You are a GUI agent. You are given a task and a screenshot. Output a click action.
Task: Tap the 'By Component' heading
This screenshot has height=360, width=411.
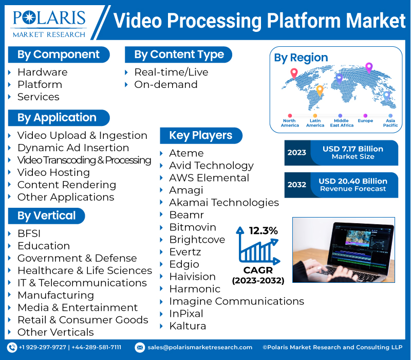coord(58,55)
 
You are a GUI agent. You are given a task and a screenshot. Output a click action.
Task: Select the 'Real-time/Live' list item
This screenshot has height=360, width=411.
coord(171,72)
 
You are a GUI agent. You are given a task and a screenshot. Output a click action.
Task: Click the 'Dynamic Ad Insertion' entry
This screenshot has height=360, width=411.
coord(73,148)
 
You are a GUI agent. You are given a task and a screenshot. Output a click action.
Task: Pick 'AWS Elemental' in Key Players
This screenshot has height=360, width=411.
coord(209,178)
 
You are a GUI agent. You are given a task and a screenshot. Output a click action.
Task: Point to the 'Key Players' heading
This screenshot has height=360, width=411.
coord(200,135)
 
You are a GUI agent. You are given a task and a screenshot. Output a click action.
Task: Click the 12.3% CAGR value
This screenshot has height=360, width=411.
coord(264,231)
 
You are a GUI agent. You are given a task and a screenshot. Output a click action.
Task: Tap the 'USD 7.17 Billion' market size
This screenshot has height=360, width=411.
coord(352,149)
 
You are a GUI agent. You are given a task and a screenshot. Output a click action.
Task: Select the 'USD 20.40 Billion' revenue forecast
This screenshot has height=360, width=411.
coord(352,182)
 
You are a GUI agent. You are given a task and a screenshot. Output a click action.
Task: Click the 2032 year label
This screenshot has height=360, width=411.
coord(297,185)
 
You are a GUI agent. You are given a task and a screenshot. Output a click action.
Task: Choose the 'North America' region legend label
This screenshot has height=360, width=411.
coord(290,123)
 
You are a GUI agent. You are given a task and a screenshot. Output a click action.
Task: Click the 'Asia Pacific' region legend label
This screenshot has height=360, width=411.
coord(390,123)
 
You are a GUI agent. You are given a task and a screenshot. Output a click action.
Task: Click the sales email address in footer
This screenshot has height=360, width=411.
coord(199,348)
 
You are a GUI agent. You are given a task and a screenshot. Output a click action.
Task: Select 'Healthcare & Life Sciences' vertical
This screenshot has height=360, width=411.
coord(84,271)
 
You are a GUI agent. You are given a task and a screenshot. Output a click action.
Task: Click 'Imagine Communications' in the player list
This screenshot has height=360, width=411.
coord(236,301)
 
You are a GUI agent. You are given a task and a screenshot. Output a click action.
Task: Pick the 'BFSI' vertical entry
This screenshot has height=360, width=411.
coord(29,233)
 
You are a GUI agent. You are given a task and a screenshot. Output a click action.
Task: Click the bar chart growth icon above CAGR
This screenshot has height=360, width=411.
coord(256,248)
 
